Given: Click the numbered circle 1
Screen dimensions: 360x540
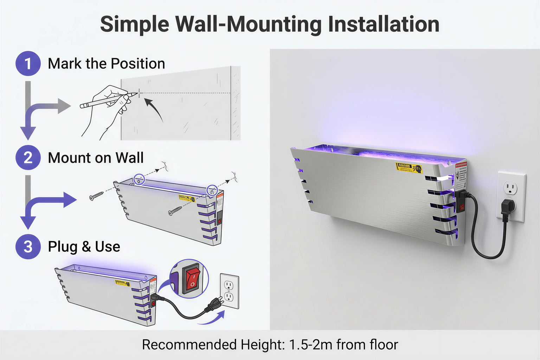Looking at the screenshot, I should coord(28,64).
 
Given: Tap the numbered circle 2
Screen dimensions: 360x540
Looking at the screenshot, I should coord(28,157).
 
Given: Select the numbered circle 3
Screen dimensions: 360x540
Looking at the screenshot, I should coord(28,246).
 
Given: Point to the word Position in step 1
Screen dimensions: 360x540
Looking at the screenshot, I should coord(138,64).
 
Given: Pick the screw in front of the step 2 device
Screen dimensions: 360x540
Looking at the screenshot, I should coord(175,211).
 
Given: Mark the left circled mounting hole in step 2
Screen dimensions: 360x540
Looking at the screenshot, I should coord(139,179).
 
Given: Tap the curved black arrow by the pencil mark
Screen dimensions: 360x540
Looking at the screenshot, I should coord(154,109).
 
